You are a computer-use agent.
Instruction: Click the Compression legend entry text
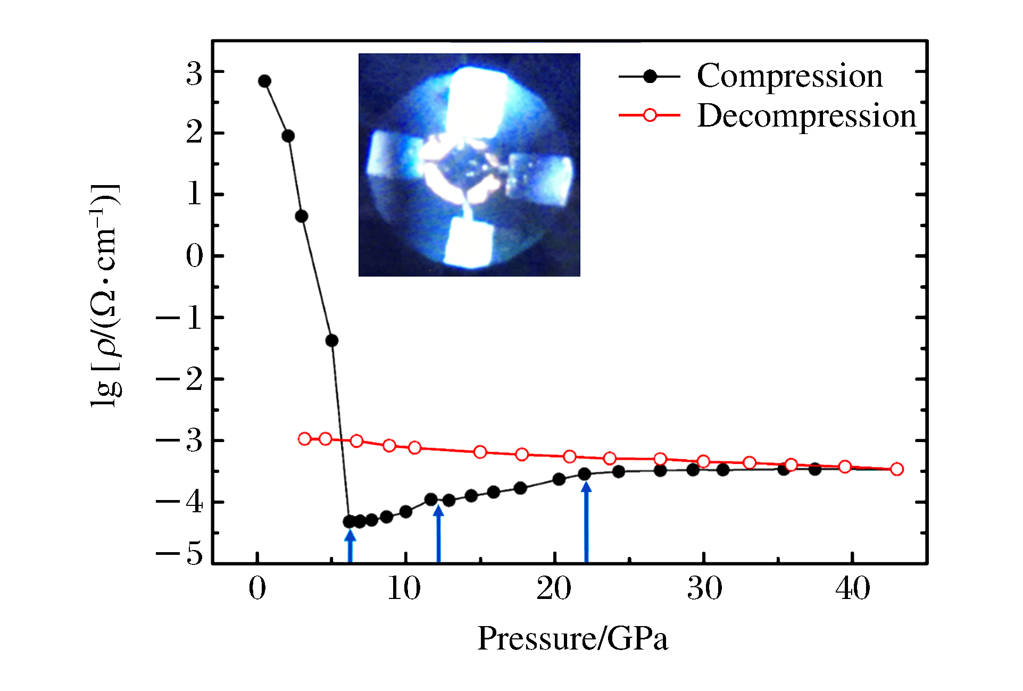coord(789,76)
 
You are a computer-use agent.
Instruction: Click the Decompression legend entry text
coord(806,115)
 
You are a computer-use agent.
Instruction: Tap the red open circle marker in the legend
coord(650,115)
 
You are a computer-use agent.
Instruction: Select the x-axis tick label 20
coord(554,589)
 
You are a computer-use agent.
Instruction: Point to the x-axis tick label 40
coord(852,589)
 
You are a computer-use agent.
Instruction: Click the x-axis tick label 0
coord(257,589)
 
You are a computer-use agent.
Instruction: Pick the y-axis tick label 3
coord(194,74)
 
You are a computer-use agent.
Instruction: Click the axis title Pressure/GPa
coord(572,638)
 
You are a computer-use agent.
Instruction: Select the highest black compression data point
coord(264,81)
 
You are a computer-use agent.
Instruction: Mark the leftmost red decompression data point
coord(304,439)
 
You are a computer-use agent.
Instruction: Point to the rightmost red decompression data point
coord(897,469)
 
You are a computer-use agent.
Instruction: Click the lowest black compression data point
coord(350,522)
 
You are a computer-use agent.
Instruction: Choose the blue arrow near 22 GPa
coord(586,521)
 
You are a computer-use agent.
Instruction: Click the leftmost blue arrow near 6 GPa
coord(350,546)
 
